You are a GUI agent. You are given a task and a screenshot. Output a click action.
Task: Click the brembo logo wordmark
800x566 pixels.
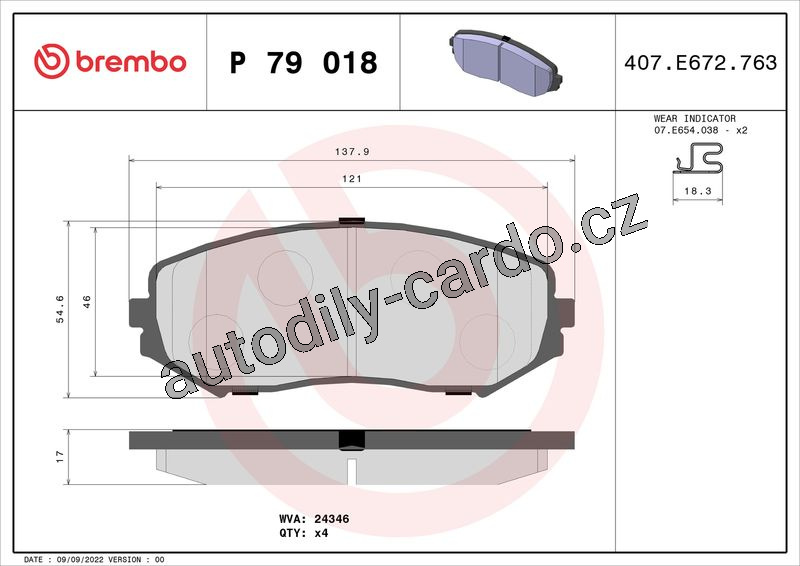[131, 62]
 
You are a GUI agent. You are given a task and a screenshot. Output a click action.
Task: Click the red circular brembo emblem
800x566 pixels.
[52, 61]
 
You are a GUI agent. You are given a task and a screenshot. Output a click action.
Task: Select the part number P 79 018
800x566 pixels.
[304, 62]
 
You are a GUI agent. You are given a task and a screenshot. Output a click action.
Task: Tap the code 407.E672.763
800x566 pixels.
[701, 62]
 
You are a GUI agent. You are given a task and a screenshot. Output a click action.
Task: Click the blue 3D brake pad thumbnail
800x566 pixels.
[506, 63]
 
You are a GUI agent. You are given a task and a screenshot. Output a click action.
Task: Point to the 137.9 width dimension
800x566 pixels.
[352, 152]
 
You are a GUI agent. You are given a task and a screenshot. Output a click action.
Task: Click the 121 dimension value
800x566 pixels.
[352, 179]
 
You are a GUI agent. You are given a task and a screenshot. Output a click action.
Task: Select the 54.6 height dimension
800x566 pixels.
[60, 309]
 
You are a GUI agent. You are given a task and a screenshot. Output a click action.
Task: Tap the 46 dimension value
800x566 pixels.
[87, 302]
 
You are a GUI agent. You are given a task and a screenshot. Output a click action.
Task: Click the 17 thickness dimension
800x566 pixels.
[60, 456]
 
